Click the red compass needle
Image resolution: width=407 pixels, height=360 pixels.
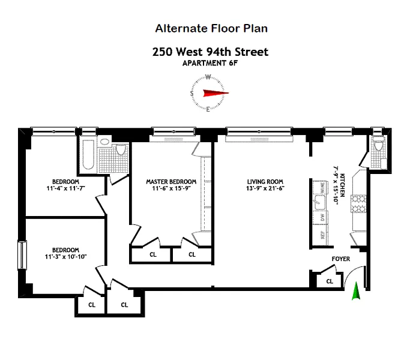[216, 93]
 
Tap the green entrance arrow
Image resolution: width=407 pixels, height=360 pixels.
[356, 291]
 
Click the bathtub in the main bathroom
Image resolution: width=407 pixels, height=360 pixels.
[88, 155]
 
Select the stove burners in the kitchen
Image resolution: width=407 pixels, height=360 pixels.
[358, 204]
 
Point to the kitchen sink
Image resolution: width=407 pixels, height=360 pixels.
[320, 202]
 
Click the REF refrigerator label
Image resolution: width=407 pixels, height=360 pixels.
[322, 235]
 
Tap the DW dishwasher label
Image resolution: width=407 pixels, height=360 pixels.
[322, 217]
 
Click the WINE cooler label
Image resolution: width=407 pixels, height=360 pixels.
[322, 187]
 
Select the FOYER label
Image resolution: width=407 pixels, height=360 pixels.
[341, 259]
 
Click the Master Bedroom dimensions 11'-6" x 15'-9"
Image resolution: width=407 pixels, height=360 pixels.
[171, 188]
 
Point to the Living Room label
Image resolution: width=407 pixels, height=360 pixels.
[265, 182]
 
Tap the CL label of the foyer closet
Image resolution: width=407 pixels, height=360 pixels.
[330, 281]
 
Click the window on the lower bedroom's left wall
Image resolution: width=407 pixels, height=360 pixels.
[22, 255]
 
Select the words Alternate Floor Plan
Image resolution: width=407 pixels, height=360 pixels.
[211, 28]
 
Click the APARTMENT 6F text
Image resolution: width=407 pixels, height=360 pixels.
[210, 63]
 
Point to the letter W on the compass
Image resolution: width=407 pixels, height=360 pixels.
[208, 77]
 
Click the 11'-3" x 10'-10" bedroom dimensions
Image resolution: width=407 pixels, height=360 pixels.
[65, 257]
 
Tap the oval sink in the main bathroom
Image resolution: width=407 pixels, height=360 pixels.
[105, 142]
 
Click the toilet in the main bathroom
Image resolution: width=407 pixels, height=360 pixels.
[121, 149]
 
